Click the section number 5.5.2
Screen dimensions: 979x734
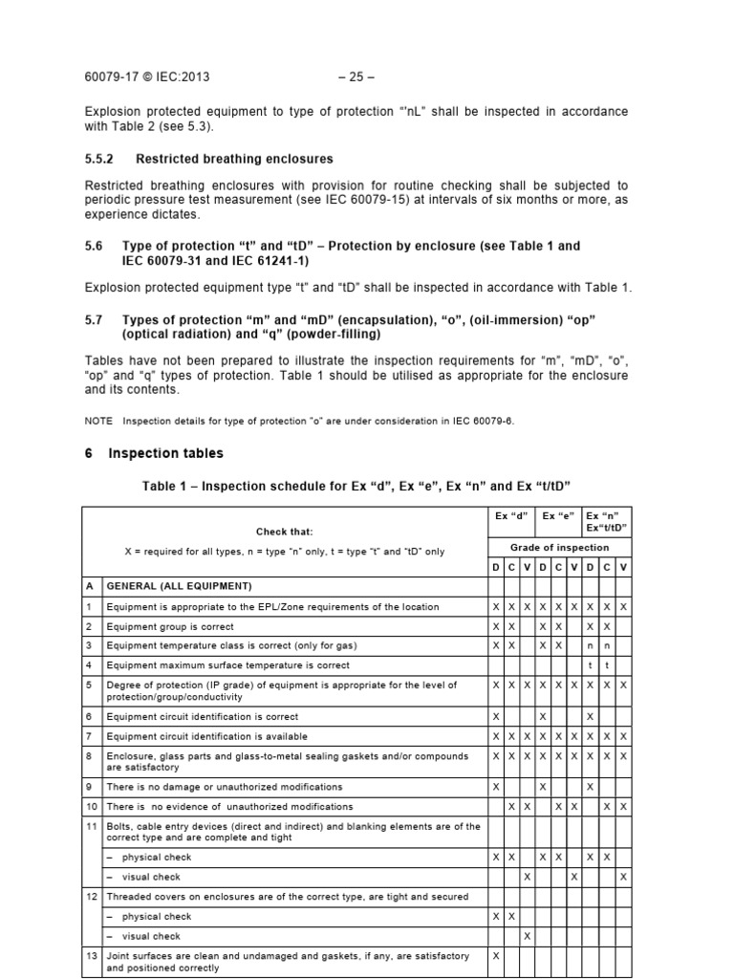pos(99,159)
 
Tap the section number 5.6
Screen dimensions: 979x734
pos(95,246)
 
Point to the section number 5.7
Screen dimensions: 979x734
pos(95,316)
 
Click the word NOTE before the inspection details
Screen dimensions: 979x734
pos(98,421)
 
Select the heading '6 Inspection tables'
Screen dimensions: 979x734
pos(153,453)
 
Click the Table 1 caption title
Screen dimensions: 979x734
pos(356,486)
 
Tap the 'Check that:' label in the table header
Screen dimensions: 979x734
pos(284,532)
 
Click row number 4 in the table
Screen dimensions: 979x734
pos(89,664)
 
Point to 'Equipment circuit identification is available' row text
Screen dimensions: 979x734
pos(207,736)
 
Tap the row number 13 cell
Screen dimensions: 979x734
pos(90,956)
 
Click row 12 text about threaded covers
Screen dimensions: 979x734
pos(287,897)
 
